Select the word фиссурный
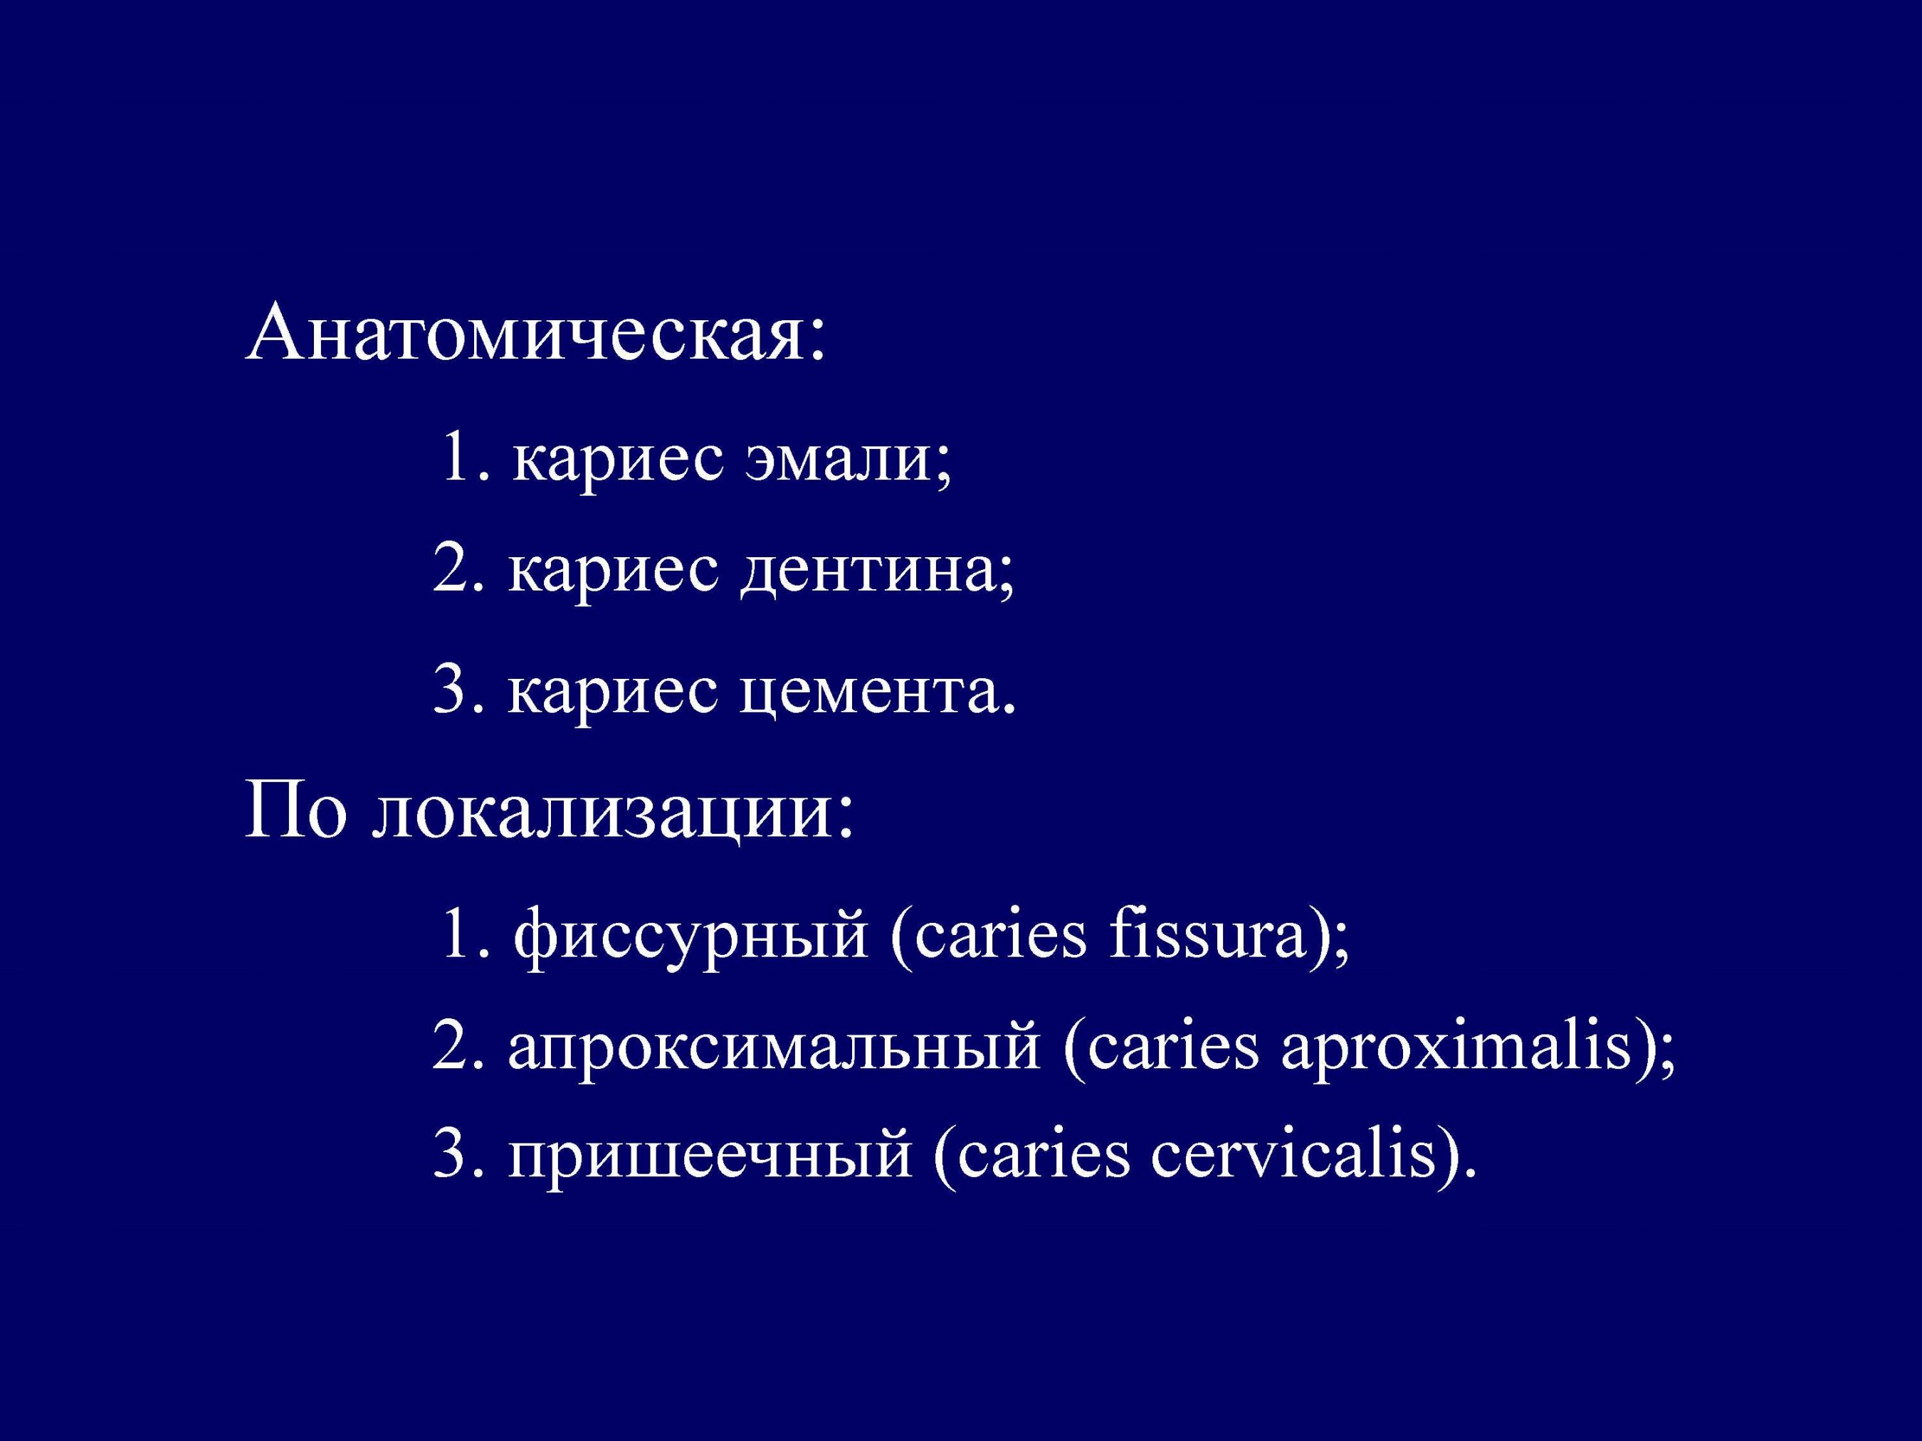coord(690,937)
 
